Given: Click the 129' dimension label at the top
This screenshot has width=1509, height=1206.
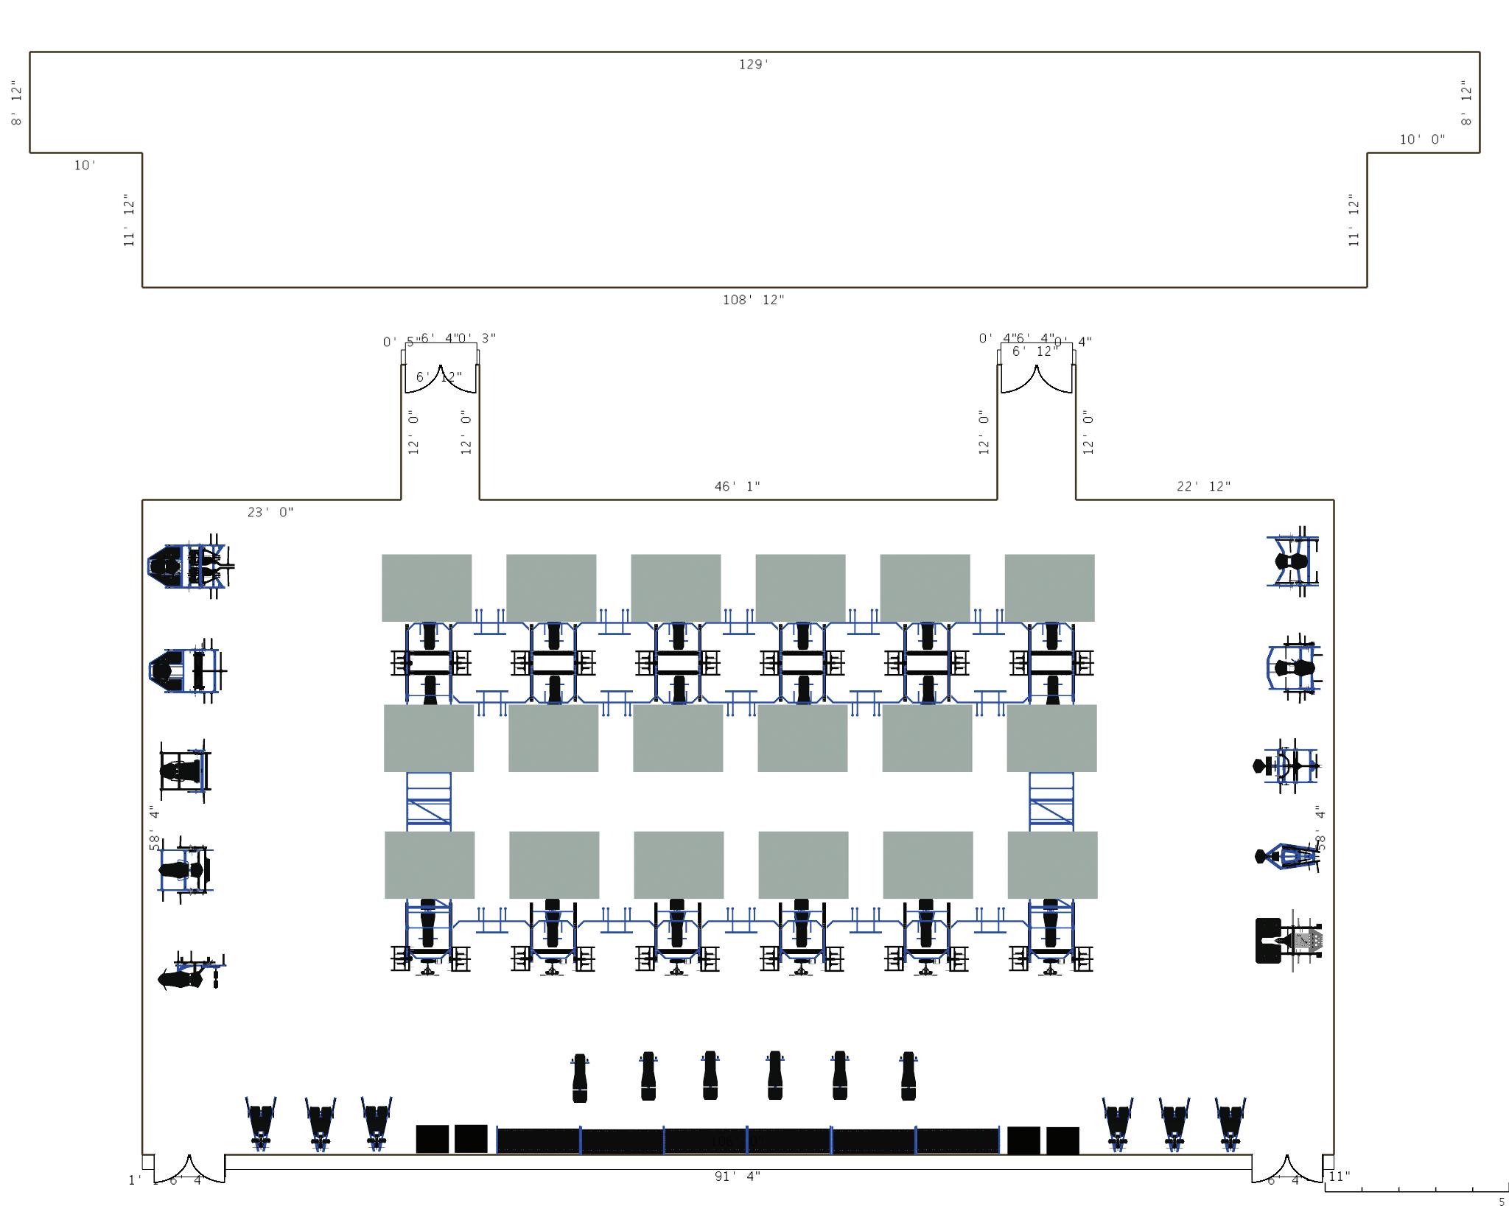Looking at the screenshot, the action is (x=754, y=65).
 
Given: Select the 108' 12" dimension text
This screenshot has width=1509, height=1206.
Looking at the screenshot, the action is (x=753, y=300).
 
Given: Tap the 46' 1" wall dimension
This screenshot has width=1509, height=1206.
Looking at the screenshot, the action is (x=737, y=486).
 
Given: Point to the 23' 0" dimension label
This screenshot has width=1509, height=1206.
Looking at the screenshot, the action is (x=270, y=512).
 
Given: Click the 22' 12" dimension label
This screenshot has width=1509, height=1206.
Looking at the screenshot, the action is (x=1204, y=486).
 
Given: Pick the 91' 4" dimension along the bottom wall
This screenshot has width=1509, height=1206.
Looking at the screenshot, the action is (x=737, y=1177).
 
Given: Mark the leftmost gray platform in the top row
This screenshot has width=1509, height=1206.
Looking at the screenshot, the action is (x=427, y=588).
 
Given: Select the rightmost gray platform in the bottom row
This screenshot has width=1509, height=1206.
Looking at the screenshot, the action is (x=1052, y=865).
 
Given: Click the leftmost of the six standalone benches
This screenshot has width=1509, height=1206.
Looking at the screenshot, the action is (x=580, y=1077).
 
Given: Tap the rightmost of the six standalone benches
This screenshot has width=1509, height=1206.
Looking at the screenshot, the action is (x=908, y=1076).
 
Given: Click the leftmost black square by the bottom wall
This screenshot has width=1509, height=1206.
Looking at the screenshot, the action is (x=432, y=1138).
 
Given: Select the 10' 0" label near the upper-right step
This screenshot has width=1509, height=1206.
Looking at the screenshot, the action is (x=1422, y=139).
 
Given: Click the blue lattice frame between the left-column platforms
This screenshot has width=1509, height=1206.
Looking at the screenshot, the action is (x=429, y=802).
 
